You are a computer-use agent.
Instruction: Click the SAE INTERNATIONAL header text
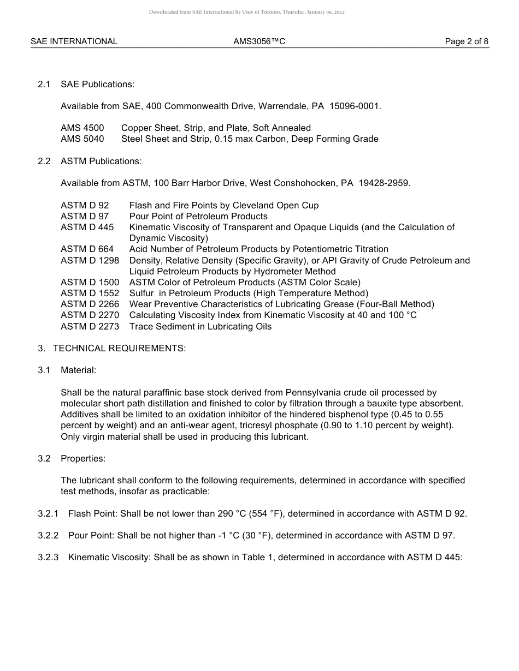pyautogui.click(x=74, y=41)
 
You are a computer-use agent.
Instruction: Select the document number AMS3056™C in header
pyautogui.click(x=259, y=41)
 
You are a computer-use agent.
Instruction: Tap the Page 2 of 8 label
pyautogui.click(x=467, y=41)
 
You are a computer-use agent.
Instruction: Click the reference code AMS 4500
pyautogui.click(x=82, y=128)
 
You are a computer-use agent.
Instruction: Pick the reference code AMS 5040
pyautogui.click(x=82, y=139)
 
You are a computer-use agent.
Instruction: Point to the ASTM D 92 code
pyautogui.click(x=85, y=206)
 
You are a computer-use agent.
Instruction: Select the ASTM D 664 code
pyautogui.click(x=87, y=249)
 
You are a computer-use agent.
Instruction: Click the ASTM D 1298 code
pyautogui.click(x=90, y=261)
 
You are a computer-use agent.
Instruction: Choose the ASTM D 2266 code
pyautogui.click(x=90, y=304)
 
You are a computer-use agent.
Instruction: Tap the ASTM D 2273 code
pyautogui.click(x=90, y=327)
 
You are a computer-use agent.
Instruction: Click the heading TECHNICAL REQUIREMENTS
pyautogui.click(x=119, y=349)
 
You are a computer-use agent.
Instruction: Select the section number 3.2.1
pyautogui.click(x=48, y=514)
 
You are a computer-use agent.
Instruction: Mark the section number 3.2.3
pyautogui.click(x=48, y=558)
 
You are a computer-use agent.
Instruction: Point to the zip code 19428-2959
pyautogui.click(x=384, y=183)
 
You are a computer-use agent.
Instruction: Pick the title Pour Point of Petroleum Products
pyautogui.click(x=198, y=217)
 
